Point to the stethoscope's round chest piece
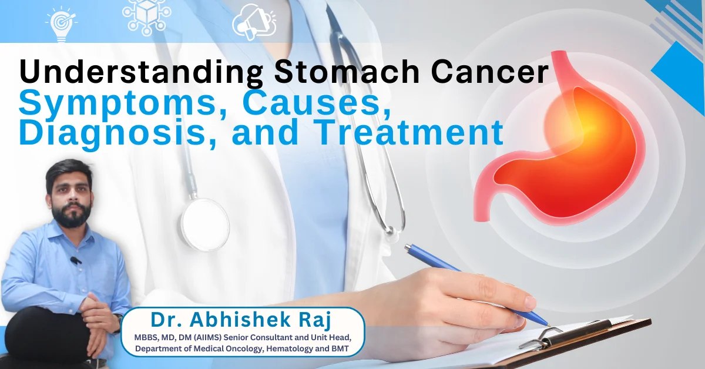click(x=204, y=223)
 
